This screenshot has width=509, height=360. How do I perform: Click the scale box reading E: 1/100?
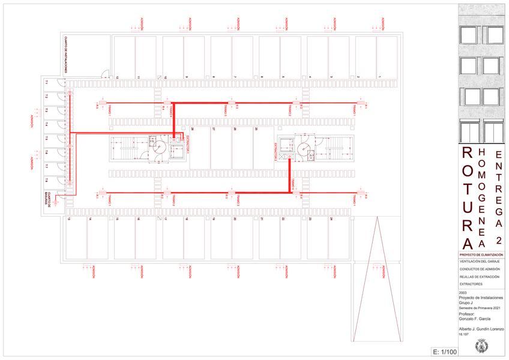(444, 352)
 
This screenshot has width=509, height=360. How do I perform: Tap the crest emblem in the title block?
(480, 346)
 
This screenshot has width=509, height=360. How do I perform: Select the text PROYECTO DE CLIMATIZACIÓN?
(481, 255)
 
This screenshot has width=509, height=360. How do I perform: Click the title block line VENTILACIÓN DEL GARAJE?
(480, 262)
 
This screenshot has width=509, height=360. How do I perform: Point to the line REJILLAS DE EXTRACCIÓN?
(480, 277)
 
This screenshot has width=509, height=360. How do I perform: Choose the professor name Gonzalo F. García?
(474, 318)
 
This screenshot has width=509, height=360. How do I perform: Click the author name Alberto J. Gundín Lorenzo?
(481, 329)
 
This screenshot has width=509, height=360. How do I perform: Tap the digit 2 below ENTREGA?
(498, 239)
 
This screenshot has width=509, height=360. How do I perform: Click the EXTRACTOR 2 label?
(276, 152)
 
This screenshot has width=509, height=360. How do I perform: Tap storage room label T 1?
(46, 82)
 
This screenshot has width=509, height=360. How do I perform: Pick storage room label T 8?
(46, 180)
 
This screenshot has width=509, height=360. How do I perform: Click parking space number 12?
(118, 77)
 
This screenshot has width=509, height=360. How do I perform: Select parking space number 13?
(70, 220)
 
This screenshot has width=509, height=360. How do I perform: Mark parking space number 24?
(330, 220)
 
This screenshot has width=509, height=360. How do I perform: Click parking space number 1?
(380, 77)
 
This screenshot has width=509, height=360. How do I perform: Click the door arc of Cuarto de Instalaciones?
(104, 74)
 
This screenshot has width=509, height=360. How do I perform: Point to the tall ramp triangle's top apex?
(376, 220)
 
